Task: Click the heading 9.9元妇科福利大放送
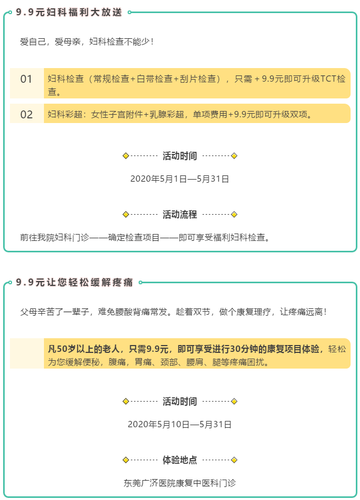click(69, 12)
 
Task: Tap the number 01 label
click(27, 79)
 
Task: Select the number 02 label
click(27, 115)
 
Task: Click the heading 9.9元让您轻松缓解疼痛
click(74, 282)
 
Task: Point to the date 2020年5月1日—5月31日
click(179, 179)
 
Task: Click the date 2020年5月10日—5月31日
click(179, 425)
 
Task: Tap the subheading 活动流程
click(179, 215)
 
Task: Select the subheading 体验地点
click(179, 460)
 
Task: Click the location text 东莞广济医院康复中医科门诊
click(179, 483)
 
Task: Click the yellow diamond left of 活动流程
click(126, 215)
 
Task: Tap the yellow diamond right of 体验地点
click(234, 460)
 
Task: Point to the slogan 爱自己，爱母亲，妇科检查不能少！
click(87, 42)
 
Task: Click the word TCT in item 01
click(329, 79)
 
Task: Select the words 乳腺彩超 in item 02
click(166, 114)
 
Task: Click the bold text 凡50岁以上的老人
click(84, 349)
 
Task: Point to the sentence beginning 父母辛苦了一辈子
click(174, 312)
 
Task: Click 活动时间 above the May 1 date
click(179, 156)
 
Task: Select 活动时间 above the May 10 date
click(179, 402)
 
